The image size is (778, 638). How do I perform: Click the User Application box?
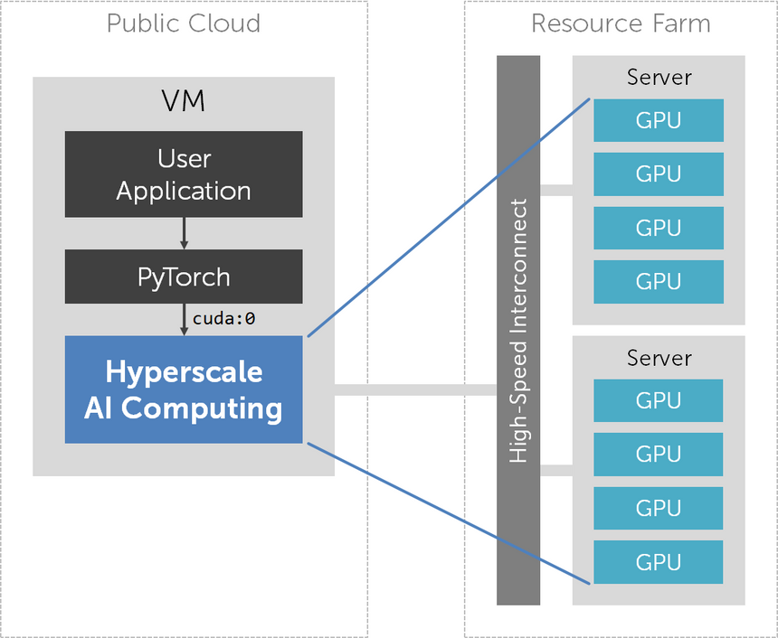point(184,174)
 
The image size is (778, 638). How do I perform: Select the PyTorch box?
point(184,277)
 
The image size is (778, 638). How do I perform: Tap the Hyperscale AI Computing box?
point(184,389)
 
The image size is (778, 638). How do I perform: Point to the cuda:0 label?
point(223,318)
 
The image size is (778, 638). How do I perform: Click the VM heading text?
point(184,100)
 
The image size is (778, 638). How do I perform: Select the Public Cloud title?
point(184,23)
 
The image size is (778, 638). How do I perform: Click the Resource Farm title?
point(621,23)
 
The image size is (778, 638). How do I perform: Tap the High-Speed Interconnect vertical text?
point(518,331)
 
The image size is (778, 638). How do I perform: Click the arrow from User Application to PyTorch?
point(184,233)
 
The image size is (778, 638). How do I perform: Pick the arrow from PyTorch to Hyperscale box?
point(184,320)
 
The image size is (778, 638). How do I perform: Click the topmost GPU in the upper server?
point(659,120)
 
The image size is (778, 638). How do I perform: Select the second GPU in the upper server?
point(659,174)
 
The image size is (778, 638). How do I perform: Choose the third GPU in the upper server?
point(659,228)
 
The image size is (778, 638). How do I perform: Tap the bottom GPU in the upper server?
point(659,282)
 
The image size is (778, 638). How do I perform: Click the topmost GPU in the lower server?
point(659,400)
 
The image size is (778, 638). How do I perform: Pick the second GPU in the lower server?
point(659,454)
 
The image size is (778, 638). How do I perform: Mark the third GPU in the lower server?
point(659,508)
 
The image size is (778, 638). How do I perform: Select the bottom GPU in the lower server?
point(659,562)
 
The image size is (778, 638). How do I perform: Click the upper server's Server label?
point(659,78)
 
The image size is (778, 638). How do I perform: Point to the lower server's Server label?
point(659,358)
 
